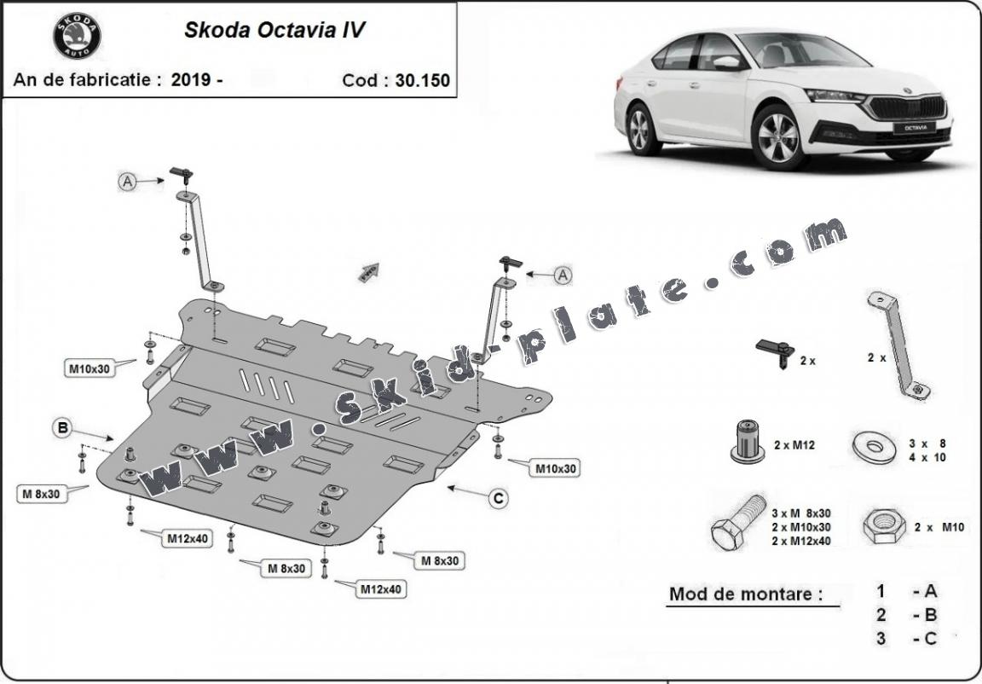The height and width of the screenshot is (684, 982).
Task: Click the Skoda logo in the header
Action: tap(77, 36)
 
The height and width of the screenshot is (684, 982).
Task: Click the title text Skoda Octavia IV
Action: tap(275, 31)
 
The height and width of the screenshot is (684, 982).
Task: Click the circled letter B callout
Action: tap(62, 428)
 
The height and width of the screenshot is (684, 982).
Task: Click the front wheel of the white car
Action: tap(778, 136)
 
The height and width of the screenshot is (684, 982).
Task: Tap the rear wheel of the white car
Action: tap(644, 128)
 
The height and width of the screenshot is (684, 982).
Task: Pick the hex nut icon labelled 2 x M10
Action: tap(884, 527)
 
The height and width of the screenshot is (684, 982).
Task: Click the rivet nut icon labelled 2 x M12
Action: tap(746, 442)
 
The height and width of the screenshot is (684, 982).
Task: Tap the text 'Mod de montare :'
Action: tap(746, 594)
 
